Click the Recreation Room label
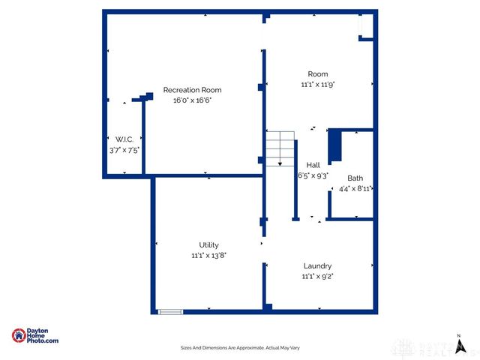[192, 90]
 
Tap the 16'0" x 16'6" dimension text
[192, 100]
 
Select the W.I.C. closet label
[124, 139]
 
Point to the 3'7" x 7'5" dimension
[124, 150]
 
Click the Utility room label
[208, 245]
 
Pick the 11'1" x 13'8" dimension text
[208, 255]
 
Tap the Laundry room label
[317, 266]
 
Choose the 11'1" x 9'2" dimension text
[317, 276]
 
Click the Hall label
[313, 165]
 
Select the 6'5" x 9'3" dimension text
[313, 176]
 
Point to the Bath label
[355, 178]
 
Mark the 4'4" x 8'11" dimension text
[355, 189]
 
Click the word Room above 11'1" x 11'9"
[318, 73]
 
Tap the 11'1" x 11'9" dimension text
[318, 84]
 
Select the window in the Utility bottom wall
[169, 310]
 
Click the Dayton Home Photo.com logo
[35, 336]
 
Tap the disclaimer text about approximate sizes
[240, 348]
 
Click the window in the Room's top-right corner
[363, 26]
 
